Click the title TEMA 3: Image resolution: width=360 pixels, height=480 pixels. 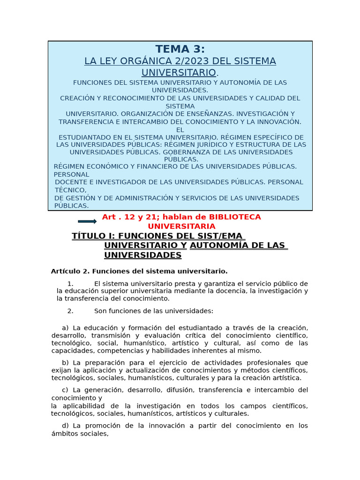[180, 49]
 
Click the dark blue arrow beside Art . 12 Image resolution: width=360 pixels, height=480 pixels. [87, 221]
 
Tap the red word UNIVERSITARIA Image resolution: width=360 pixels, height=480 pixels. [181, 226]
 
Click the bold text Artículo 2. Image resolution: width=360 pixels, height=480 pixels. [70, 271]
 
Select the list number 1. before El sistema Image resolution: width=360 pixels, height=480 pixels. [70, 284]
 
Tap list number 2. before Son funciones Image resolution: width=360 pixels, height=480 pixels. [70, 311]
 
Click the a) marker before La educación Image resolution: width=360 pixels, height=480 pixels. [65, 328]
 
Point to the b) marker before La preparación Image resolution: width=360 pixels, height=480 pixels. [65, 362]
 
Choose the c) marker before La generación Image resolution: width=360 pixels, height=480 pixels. [65, 390]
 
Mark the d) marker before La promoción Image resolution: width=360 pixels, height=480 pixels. [65, 426]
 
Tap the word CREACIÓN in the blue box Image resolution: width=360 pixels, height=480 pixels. [77, 98]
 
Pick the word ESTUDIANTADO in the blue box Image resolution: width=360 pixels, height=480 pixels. [84, 137]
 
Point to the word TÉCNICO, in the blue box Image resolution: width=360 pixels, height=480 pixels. [71, 190]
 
